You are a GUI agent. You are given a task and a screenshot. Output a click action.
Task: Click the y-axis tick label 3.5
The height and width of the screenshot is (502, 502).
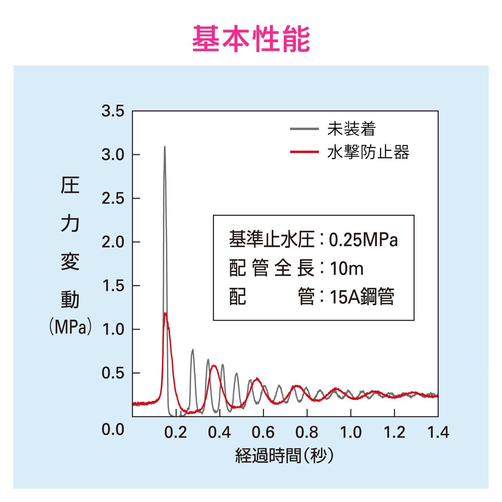[x=113, y=111]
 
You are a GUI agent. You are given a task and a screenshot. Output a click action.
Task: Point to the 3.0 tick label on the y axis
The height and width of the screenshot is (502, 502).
[x=113, y=155]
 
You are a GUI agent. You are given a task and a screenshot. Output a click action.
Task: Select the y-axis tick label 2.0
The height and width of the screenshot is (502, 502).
[x=113, y=242]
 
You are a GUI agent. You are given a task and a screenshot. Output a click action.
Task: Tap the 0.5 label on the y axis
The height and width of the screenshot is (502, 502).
[x=113, y=373]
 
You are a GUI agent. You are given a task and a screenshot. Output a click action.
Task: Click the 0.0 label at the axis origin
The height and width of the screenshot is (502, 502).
[x=113, y=429]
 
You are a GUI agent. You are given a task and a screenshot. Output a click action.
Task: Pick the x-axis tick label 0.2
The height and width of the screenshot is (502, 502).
[x=175, y=432]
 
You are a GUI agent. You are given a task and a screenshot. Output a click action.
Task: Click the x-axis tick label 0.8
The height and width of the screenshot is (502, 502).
[x=307, y=432]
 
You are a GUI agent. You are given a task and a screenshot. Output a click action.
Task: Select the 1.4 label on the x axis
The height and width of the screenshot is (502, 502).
[x=438, y=432]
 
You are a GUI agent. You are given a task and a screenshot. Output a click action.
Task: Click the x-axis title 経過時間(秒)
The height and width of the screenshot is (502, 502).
[x=285, y=455]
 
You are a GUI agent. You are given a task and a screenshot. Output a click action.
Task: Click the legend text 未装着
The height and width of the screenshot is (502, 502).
[x=351, y=129]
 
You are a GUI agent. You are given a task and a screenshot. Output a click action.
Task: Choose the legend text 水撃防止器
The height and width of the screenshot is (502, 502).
[x=368, y=152]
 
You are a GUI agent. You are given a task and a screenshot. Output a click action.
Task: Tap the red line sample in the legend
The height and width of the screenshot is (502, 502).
[x=304, y=152]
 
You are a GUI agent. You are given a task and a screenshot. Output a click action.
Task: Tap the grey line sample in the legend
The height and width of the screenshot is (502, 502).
[x=304, y=129]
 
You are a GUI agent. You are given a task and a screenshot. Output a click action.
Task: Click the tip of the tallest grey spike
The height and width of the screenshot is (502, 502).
[x=165, y=147]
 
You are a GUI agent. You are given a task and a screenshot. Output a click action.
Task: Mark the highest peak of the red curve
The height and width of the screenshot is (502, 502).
[x=165, y=313]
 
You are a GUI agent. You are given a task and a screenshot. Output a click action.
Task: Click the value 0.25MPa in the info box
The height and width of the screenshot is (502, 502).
[x=363, y=240]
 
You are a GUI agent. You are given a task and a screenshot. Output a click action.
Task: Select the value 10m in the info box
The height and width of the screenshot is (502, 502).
[x=346, y=268]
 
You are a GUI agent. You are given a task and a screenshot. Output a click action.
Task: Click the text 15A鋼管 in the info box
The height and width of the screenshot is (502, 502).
[x=362, y=297]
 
